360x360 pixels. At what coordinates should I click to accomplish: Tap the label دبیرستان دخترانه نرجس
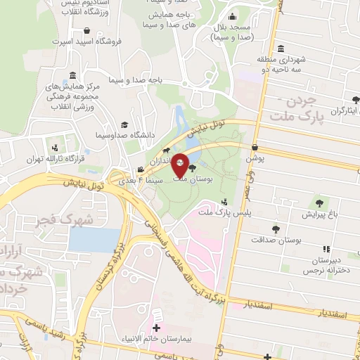coord(324,264)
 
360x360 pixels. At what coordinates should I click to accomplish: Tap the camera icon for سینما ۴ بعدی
coord(141,169)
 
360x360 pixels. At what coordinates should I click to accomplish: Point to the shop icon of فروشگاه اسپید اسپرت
coord(86,31)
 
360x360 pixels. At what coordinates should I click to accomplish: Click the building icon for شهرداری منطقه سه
coord(281,49)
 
